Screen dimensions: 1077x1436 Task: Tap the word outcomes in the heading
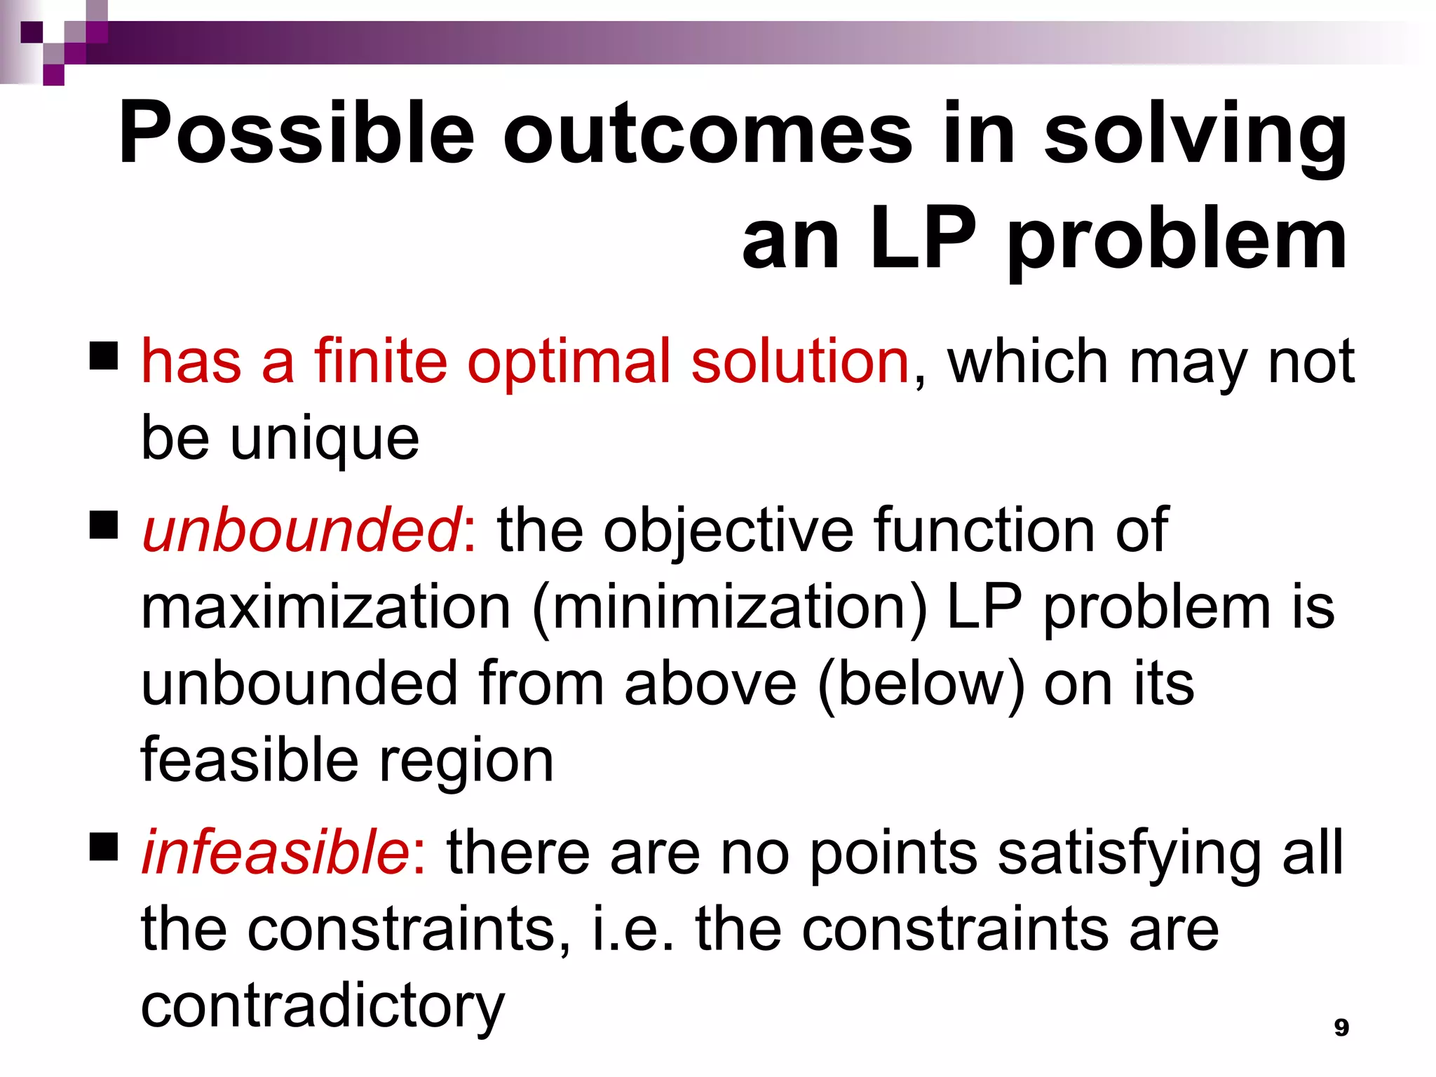[707, 133]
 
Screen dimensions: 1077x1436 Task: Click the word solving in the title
[1195, 133]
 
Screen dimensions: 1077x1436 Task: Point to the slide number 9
[1341, 1027]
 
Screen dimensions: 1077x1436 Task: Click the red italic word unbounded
[301, 530]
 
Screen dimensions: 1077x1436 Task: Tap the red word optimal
[569, 362]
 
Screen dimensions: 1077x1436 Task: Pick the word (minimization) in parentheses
[729, 607]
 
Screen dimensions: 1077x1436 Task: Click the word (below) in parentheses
[921, 684]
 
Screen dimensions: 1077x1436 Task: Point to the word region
[466, 761]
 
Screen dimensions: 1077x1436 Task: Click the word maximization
[325, 607]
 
